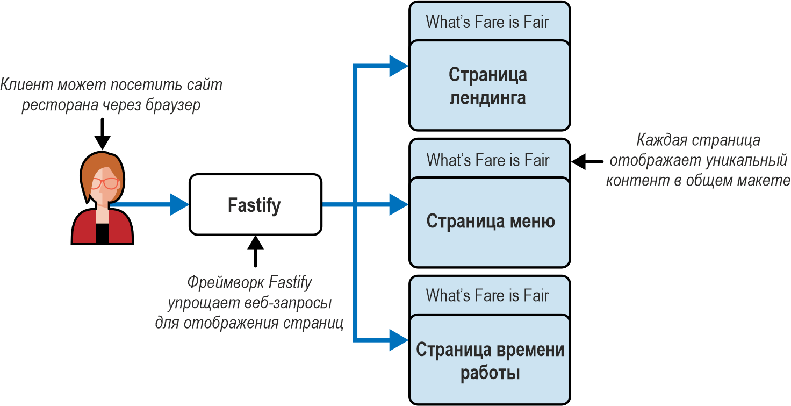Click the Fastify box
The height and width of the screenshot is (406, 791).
[255, 204]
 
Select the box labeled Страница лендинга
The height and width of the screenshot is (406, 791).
[490, 86]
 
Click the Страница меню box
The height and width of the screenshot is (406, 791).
[490, 223]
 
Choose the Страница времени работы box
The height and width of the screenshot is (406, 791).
[490, 360]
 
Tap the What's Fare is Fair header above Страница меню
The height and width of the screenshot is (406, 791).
[490, 159]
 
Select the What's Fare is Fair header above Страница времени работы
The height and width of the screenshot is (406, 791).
[490, 295]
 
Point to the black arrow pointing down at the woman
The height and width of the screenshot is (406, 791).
[103, 134]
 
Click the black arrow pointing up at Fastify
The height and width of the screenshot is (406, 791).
[255, 251]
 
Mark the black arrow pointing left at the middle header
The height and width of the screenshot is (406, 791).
[587, 162]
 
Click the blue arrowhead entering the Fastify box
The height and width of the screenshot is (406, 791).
[179, 204]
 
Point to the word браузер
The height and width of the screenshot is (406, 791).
[172, 105]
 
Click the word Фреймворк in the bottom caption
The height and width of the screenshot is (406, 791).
[226, 283]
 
